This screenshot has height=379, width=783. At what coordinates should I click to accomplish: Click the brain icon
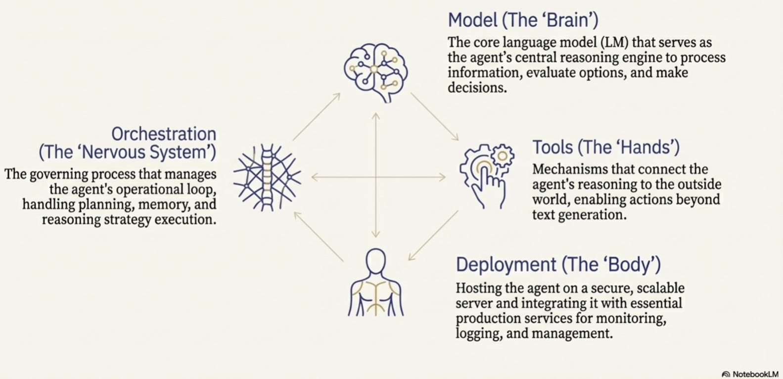(x=376, y=72)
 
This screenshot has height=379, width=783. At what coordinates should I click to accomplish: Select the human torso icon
(x=376, y=282)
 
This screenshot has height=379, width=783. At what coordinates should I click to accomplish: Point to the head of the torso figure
(x=376, y=261)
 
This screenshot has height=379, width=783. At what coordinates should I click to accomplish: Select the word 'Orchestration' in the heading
(x=164, y=134)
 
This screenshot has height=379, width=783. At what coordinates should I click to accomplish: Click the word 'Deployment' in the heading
(x=506, y=265)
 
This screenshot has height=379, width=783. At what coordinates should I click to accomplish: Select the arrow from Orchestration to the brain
(x=317, y=116)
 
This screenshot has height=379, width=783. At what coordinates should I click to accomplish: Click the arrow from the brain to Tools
(x=434, y=116)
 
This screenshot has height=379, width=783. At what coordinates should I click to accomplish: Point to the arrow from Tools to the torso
(x=433, y=235)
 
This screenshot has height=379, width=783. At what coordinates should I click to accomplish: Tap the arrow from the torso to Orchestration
(x=319, y=236)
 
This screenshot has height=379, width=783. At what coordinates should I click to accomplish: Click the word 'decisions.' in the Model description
(x=477, y=88)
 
